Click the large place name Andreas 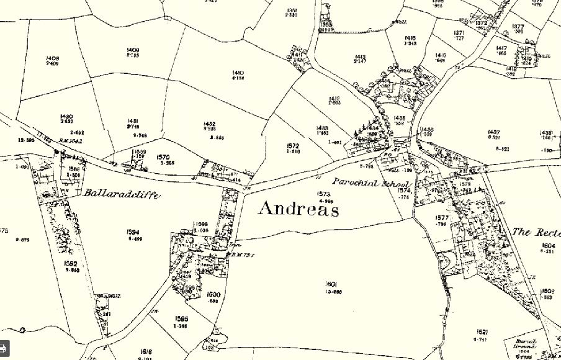pos(298,209)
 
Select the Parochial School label pos(363,182)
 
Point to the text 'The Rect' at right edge pos(536,232)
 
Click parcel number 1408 pos(52,58)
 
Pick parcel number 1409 pos(132,50)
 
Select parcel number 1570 pos(163,157)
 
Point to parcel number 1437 pos(494,132)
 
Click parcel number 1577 pos(442,218)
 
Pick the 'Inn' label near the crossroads pos(234,245)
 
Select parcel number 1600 pos(213,294)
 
